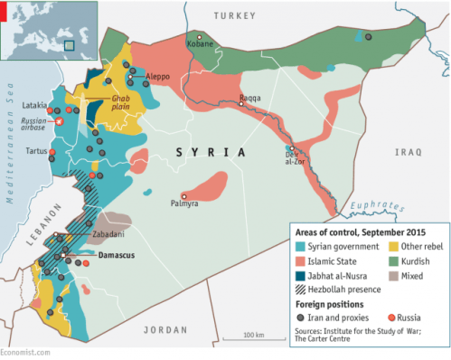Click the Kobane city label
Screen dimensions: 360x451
point(200,43)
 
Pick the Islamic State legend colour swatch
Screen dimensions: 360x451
point(299,262)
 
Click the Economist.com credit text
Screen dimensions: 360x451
point(24,354)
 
